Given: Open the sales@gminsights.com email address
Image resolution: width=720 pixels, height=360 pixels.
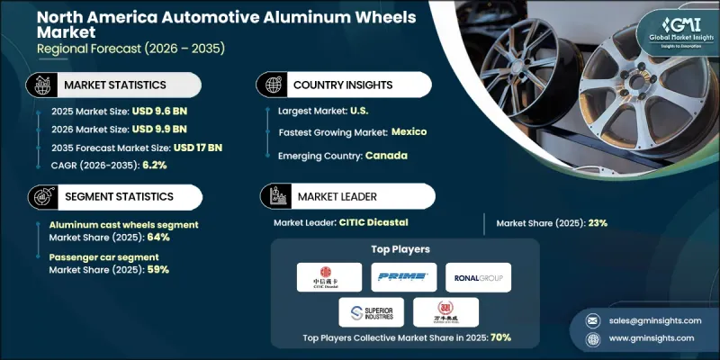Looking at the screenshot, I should coord(652,319).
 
